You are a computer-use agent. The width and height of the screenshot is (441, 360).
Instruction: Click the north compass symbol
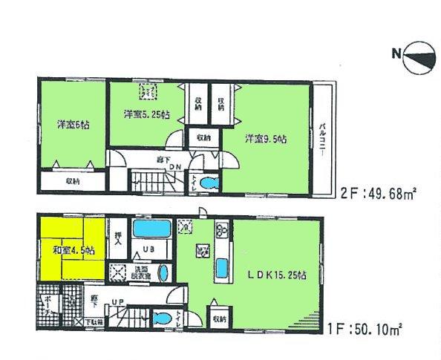point(419,60)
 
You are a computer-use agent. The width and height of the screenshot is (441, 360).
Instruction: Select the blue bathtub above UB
point(152,227)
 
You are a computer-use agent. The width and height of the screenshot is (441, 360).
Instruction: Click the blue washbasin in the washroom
point(164,272)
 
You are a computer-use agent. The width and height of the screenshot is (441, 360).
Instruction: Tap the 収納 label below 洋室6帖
point(72,180)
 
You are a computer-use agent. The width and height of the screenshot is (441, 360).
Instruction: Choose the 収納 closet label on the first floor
point(218,318)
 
